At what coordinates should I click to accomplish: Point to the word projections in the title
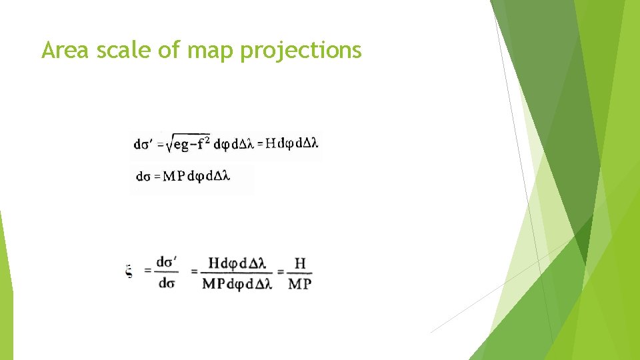click(300, 51)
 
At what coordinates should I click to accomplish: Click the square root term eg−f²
click(187, 143)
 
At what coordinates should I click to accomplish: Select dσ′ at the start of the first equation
click(144, 143)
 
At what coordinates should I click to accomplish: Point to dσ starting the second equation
click(143, 177)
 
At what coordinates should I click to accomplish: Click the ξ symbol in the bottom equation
click(129, 271)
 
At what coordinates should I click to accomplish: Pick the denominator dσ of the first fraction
click(167, 283)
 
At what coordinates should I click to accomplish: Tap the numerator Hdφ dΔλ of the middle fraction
click(237, 263)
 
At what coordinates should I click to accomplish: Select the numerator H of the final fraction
click(300, 263)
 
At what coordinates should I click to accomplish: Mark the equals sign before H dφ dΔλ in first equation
click(259, 143)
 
